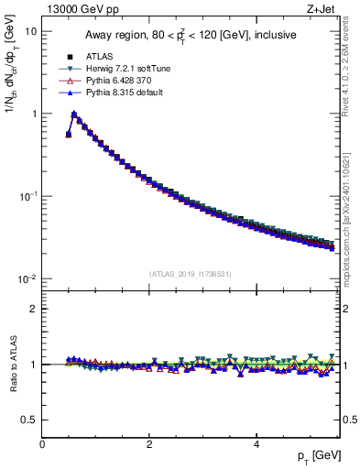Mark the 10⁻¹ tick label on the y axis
point(28,196)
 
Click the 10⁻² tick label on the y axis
point(28,278)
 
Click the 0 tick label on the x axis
point(43,444)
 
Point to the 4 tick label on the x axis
point(256,444)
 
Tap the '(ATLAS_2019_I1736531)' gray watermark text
point(190,273)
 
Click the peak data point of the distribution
point(74,115)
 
